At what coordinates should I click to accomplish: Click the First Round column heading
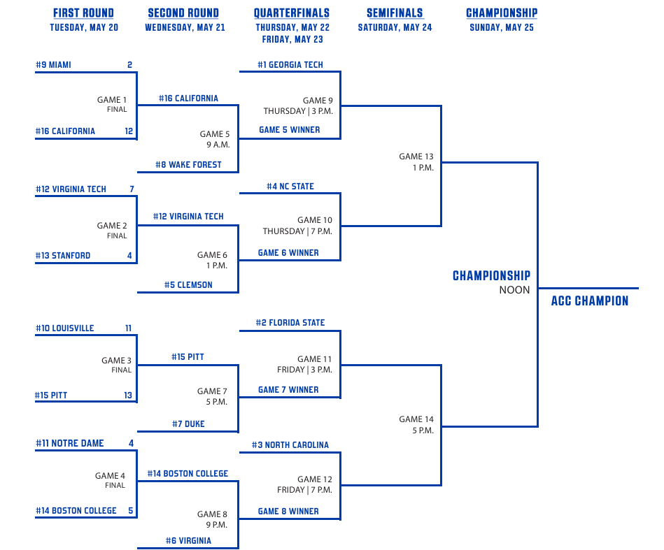point(83,13)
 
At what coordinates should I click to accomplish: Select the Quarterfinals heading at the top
point(292,13)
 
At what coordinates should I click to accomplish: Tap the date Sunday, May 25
point(502,27)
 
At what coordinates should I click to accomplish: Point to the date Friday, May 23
point(292,39)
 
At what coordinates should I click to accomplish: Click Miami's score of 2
point(129,65)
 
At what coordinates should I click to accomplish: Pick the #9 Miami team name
point(53,65)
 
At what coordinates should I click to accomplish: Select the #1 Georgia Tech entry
point(290,65)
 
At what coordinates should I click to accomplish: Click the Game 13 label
point(416,157)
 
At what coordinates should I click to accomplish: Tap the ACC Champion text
point(590,301)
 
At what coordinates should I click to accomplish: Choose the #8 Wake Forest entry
point(188,164)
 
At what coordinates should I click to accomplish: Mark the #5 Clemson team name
point(188,284)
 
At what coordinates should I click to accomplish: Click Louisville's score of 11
point(128,328)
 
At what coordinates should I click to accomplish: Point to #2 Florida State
point(290,323)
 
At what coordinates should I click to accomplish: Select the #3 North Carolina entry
point(290,445)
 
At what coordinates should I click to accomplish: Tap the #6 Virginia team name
point(188,541)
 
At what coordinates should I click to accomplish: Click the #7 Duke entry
point(188,424)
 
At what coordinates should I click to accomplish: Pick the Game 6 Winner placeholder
point(288,252)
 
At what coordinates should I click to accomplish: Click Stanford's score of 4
point(129,256)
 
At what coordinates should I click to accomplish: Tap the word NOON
point(514,290)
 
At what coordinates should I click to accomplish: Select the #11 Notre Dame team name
point(70,443)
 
